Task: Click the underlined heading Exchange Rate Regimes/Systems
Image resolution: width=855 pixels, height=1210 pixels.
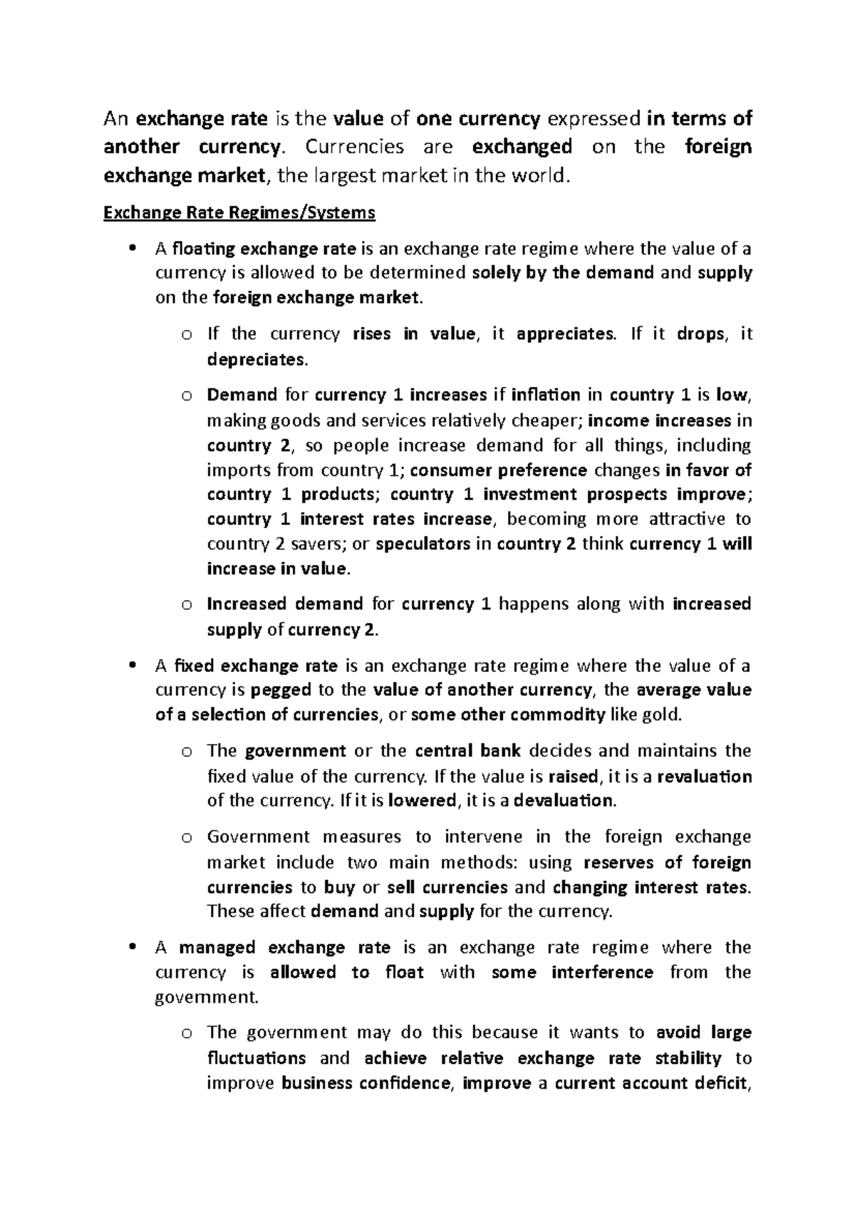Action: coord(239,212)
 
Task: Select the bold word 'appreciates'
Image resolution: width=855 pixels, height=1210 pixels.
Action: coord(564,334)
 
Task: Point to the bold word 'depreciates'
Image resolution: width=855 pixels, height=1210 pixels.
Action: coord(257,359)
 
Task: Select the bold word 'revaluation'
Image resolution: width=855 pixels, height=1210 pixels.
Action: coord(704,776)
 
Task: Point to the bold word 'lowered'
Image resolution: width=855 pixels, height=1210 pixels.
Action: coord(422,800)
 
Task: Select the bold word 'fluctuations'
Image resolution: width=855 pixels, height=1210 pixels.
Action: coord(256,1058)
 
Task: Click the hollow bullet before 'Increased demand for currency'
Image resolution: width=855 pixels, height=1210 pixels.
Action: coord(187,605)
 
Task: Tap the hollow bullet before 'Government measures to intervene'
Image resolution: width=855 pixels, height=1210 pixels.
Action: coord(187,837)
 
